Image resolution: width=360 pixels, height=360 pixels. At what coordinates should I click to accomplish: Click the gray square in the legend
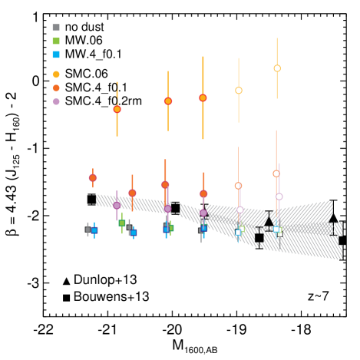pos(56,28)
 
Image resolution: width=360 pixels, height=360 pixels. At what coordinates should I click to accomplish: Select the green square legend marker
pos(56,41)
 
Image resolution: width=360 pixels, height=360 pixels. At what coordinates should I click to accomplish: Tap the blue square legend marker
pos(56,54)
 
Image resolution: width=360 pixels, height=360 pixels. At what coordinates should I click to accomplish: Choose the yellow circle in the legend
pos(56,74)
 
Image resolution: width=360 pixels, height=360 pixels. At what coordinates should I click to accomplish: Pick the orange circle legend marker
pos(56,88)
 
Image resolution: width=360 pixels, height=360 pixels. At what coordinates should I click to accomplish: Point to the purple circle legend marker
pos(56,101)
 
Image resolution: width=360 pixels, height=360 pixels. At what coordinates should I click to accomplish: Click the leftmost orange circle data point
pos(93,178)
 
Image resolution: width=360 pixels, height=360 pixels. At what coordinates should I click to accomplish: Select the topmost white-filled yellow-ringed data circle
pos(277,68)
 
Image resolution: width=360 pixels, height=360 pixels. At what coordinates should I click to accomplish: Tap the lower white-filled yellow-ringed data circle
pos(239,91)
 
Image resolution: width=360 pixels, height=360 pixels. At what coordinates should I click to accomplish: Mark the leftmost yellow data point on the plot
pos(117,109)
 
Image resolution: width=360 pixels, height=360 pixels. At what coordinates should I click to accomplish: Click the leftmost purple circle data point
pos(117,205)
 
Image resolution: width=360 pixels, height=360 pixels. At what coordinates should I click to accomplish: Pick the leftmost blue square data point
pos(94,230)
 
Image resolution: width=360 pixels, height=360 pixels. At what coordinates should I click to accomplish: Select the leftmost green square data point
pos(122,223)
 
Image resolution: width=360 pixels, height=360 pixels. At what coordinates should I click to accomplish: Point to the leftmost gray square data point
pos(88,230)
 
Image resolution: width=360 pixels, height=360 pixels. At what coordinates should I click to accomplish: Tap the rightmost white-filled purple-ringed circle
pos(279,197)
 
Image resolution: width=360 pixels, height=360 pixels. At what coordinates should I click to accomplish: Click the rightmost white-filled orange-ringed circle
pos(276,173)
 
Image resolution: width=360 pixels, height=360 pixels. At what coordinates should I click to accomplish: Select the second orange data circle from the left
pos(132,193)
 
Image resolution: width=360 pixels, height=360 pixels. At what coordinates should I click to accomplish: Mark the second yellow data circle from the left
pos(168,101)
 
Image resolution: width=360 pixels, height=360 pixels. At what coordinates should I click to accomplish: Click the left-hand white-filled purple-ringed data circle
pos(239,210)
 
